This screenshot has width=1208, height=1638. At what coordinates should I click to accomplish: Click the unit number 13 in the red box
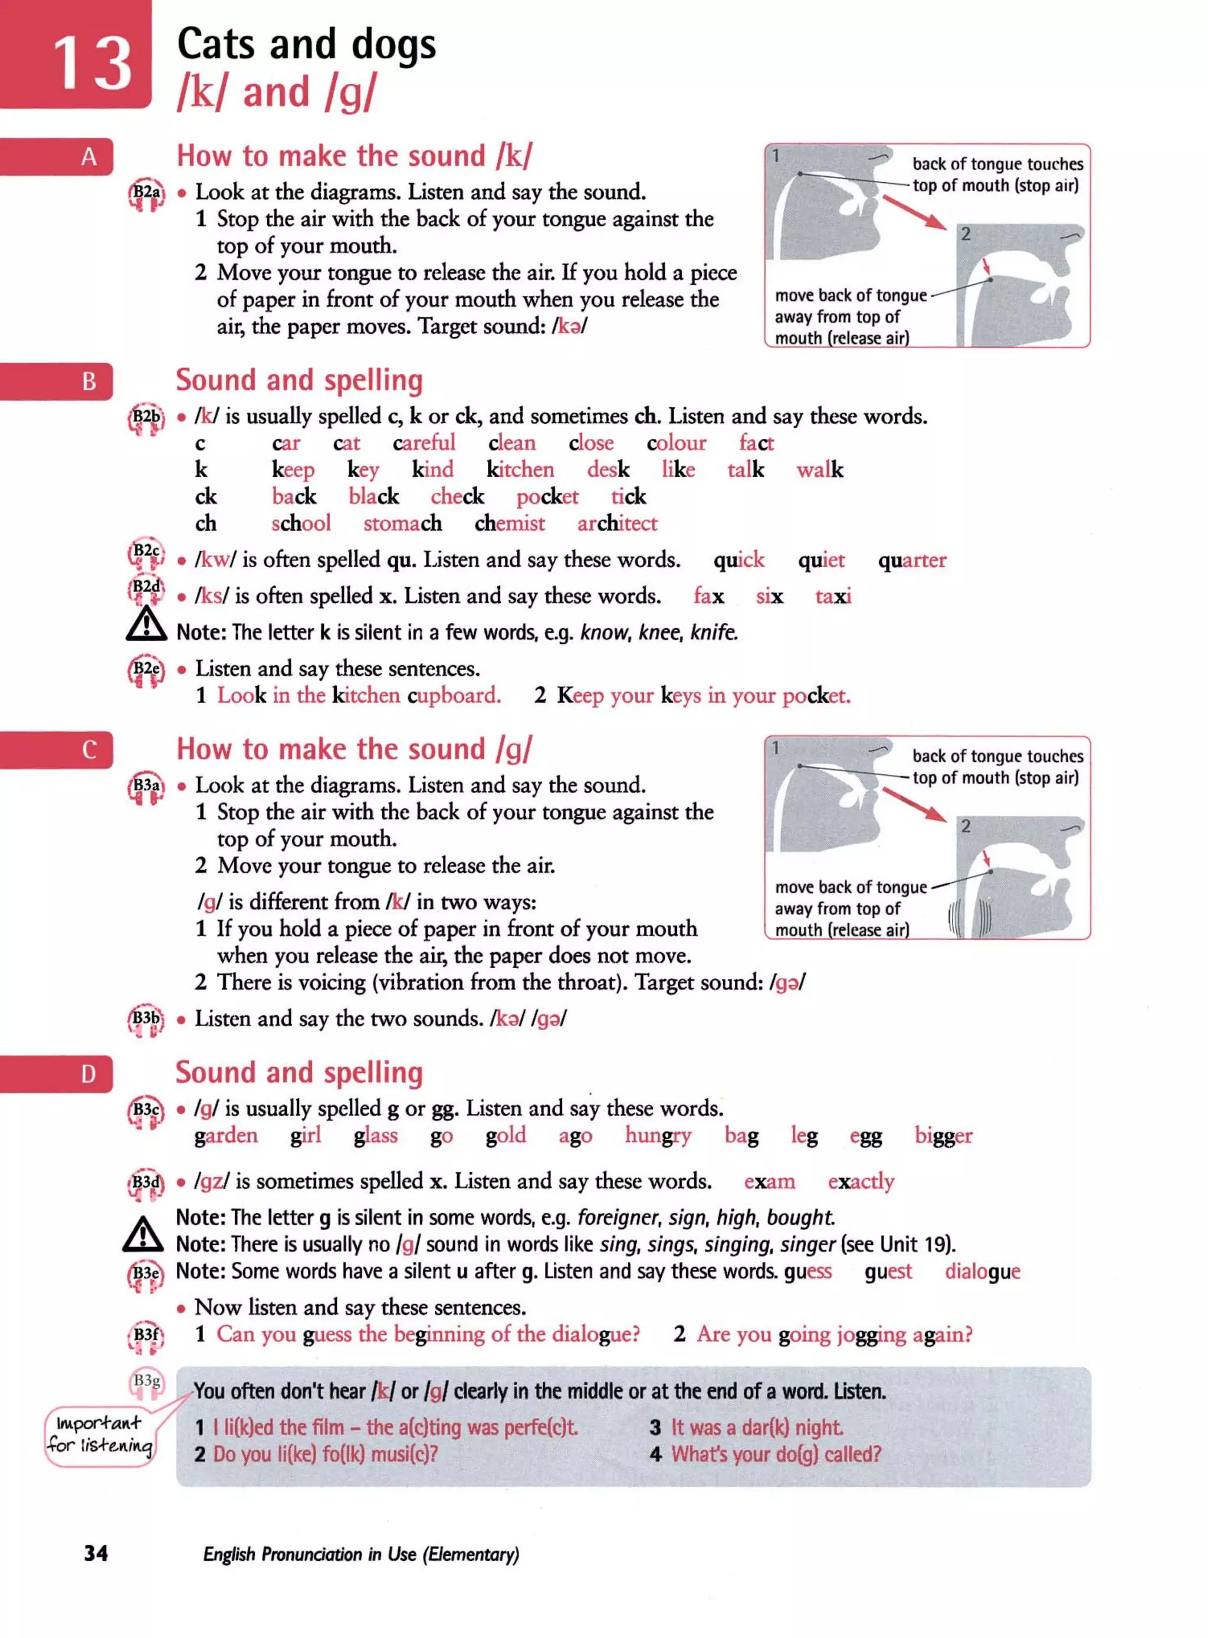[92, 64]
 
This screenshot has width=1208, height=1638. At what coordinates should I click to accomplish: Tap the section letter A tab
[88, 156]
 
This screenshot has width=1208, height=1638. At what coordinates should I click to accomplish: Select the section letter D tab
[88, 1074]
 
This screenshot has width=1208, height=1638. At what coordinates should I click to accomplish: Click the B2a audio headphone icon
[147, 195]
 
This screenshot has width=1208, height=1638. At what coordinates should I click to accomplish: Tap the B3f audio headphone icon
[147, 1338]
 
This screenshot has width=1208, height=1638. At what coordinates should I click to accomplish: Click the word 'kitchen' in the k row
[520, 469]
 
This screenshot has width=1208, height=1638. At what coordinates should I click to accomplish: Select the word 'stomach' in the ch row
[402, 524]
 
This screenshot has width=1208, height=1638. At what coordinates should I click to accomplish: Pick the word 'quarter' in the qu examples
[912, 560]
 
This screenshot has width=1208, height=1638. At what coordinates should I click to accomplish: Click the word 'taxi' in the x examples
[833, 597]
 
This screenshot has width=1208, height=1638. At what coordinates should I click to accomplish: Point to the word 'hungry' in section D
[657, 1136]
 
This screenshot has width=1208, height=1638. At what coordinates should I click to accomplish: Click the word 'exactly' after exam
[861, 1182]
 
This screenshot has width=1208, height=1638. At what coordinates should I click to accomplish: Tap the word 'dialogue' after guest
[982, 1272]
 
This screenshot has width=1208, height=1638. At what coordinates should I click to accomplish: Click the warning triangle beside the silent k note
[146, 624]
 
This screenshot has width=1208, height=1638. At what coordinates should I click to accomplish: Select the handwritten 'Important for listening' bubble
[100, 1435]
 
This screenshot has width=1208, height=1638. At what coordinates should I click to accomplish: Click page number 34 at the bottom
[96, 1553]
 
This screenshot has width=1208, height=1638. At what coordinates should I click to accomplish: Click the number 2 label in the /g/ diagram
[965, 826]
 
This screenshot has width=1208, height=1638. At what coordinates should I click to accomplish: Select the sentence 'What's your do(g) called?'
[776, 1455]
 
